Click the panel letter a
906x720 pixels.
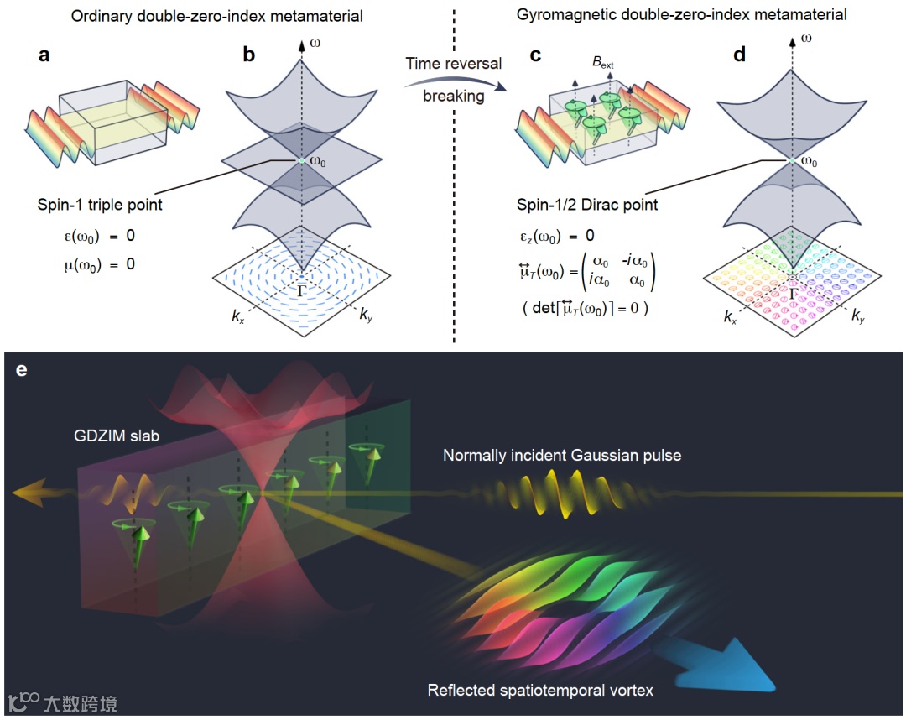pyautogui.click(x=45, y=57)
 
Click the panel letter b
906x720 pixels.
pyautogui.click(x=249, y=57)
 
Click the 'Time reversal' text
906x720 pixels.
pyautogui.click(x=454, y=64)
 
